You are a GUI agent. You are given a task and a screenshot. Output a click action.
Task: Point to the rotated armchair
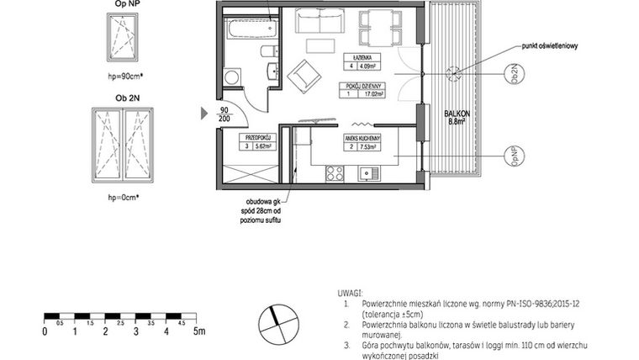click(x=304, y=79)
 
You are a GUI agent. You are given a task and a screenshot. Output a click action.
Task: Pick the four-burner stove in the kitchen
click(x=334, y=174)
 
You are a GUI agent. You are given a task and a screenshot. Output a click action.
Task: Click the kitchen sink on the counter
click(x=367, y=174)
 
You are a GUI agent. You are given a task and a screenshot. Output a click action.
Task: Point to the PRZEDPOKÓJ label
click(x=257, y=135)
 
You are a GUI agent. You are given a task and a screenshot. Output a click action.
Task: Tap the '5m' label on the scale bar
click(x=198, y=331)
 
